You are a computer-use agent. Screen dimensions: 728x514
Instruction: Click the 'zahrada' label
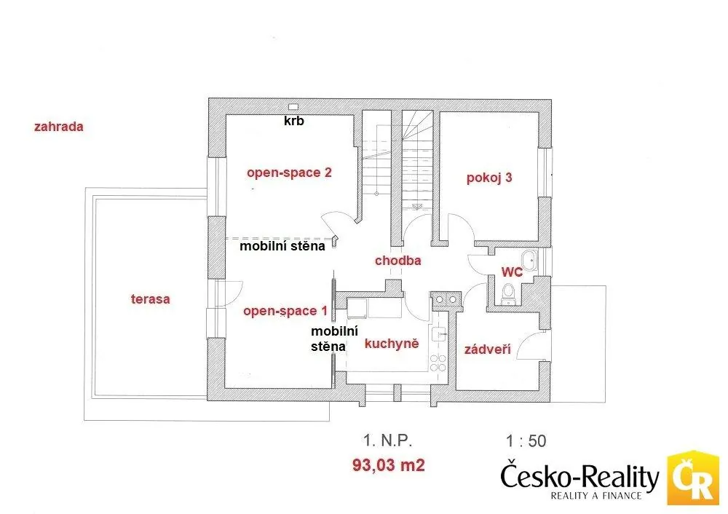58,126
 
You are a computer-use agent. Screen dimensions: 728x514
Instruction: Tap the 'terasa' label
151,299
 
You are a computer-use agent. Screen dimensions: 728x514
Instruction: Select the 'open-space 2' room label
289,173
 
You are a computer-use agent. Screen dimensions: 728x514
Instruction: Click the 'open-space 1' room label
285,311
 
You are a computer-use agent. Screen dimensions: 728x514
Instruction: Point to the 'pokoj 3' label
489,178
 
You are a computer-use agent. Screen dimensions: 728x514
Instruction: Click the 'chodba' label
398,261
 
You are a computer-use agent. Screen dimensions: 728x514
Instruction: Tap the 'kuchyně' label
392,344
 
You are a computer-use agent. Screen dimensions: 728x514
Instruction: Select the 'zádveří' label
488,349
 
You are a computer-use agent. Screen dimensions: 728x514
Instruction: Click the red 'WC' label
512,272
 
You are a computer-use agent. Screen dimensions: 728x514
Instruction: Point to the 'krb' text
294,121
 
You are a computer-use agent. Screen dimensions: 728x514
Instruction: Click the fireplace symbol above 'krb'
293,107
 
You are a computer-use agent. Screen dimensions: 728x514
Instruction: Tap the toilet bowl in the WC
508,293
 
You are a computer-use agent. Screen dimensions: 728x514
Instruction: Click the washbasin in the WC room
529,261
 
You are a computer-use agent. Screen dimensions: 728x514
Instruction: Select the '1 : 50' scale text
526,441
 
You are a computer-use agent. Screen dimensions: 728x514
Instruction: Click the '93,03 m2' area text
389,465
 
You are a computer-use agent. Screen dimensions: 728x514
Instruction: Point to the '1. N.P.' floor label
388,440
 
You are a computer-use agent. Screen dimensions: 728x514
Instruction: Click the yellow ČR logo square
693,478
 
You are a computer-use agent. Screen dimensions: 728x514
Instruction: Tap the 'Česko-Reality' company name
580,476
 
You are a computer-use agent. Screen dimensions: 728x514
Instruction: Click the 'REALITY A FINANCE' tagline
596,495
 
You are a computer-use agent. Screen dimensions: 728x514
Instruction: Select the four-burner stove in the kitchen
438,363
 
